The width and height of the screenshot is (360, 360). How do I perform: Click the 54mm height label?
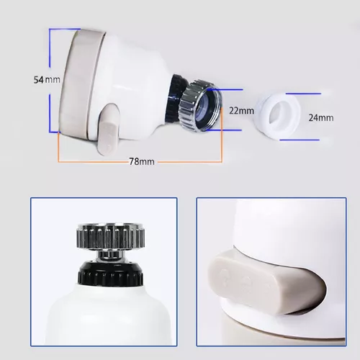coord(47,80)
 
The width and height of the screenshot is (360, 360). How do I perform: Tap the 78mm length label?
coord(142,161)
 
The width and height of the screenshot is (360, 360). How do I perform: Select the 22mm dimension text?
coord(241,111)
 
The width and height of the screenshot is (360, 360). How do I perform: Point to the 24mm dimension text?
coord(321,117)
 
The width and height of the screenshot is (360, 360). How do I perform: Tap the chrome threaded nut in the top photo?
coord(199,106)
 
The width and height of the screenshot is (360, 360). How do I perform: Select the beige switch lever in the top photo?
coord(108,129)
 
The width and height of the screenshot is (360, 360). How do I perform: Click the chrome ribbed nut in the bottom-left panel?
coord(111,235)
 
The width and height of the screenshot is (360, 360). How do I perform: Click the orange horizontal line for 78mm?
coord(140,162)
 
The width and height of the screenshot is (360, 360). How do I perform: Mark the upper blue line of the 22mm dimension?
coord(225,90)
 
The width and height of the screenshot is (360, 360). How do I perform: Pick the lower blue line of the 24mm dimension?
coord(300,140)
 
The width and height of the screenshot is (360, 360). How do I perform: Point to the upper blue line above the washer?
coord(303,94)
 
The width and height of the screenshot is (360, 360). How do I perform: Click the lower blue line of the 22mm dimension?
coord(224,130)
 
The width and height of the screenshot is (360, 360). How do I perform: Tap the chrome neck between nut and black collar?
coord(110,255)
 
